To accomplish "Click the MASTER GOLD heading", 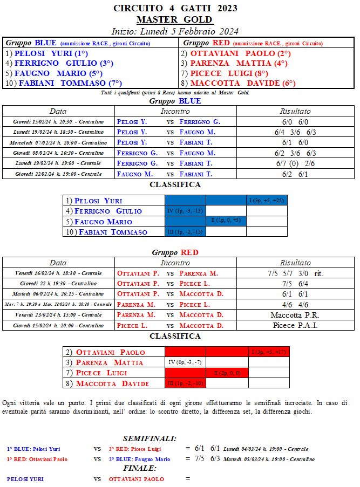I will (x=175, y=19).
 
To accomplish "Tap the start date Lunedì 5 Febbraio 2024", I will (x=175, y=31).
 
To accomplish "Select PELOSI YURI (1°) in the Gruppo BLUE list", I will (x=46, y=54).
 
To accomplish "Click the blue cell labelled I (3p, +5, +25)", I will (x=267, y=201).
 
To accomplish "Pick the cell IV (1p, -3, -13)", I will (x=185, y=211).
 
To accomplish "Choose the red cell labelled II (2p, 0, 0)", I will (x=227, y=373).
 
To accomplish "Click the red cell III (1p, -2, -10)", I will (x=185, y=383).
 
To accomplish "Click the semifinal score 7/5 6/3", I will (x=207, y=459).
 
